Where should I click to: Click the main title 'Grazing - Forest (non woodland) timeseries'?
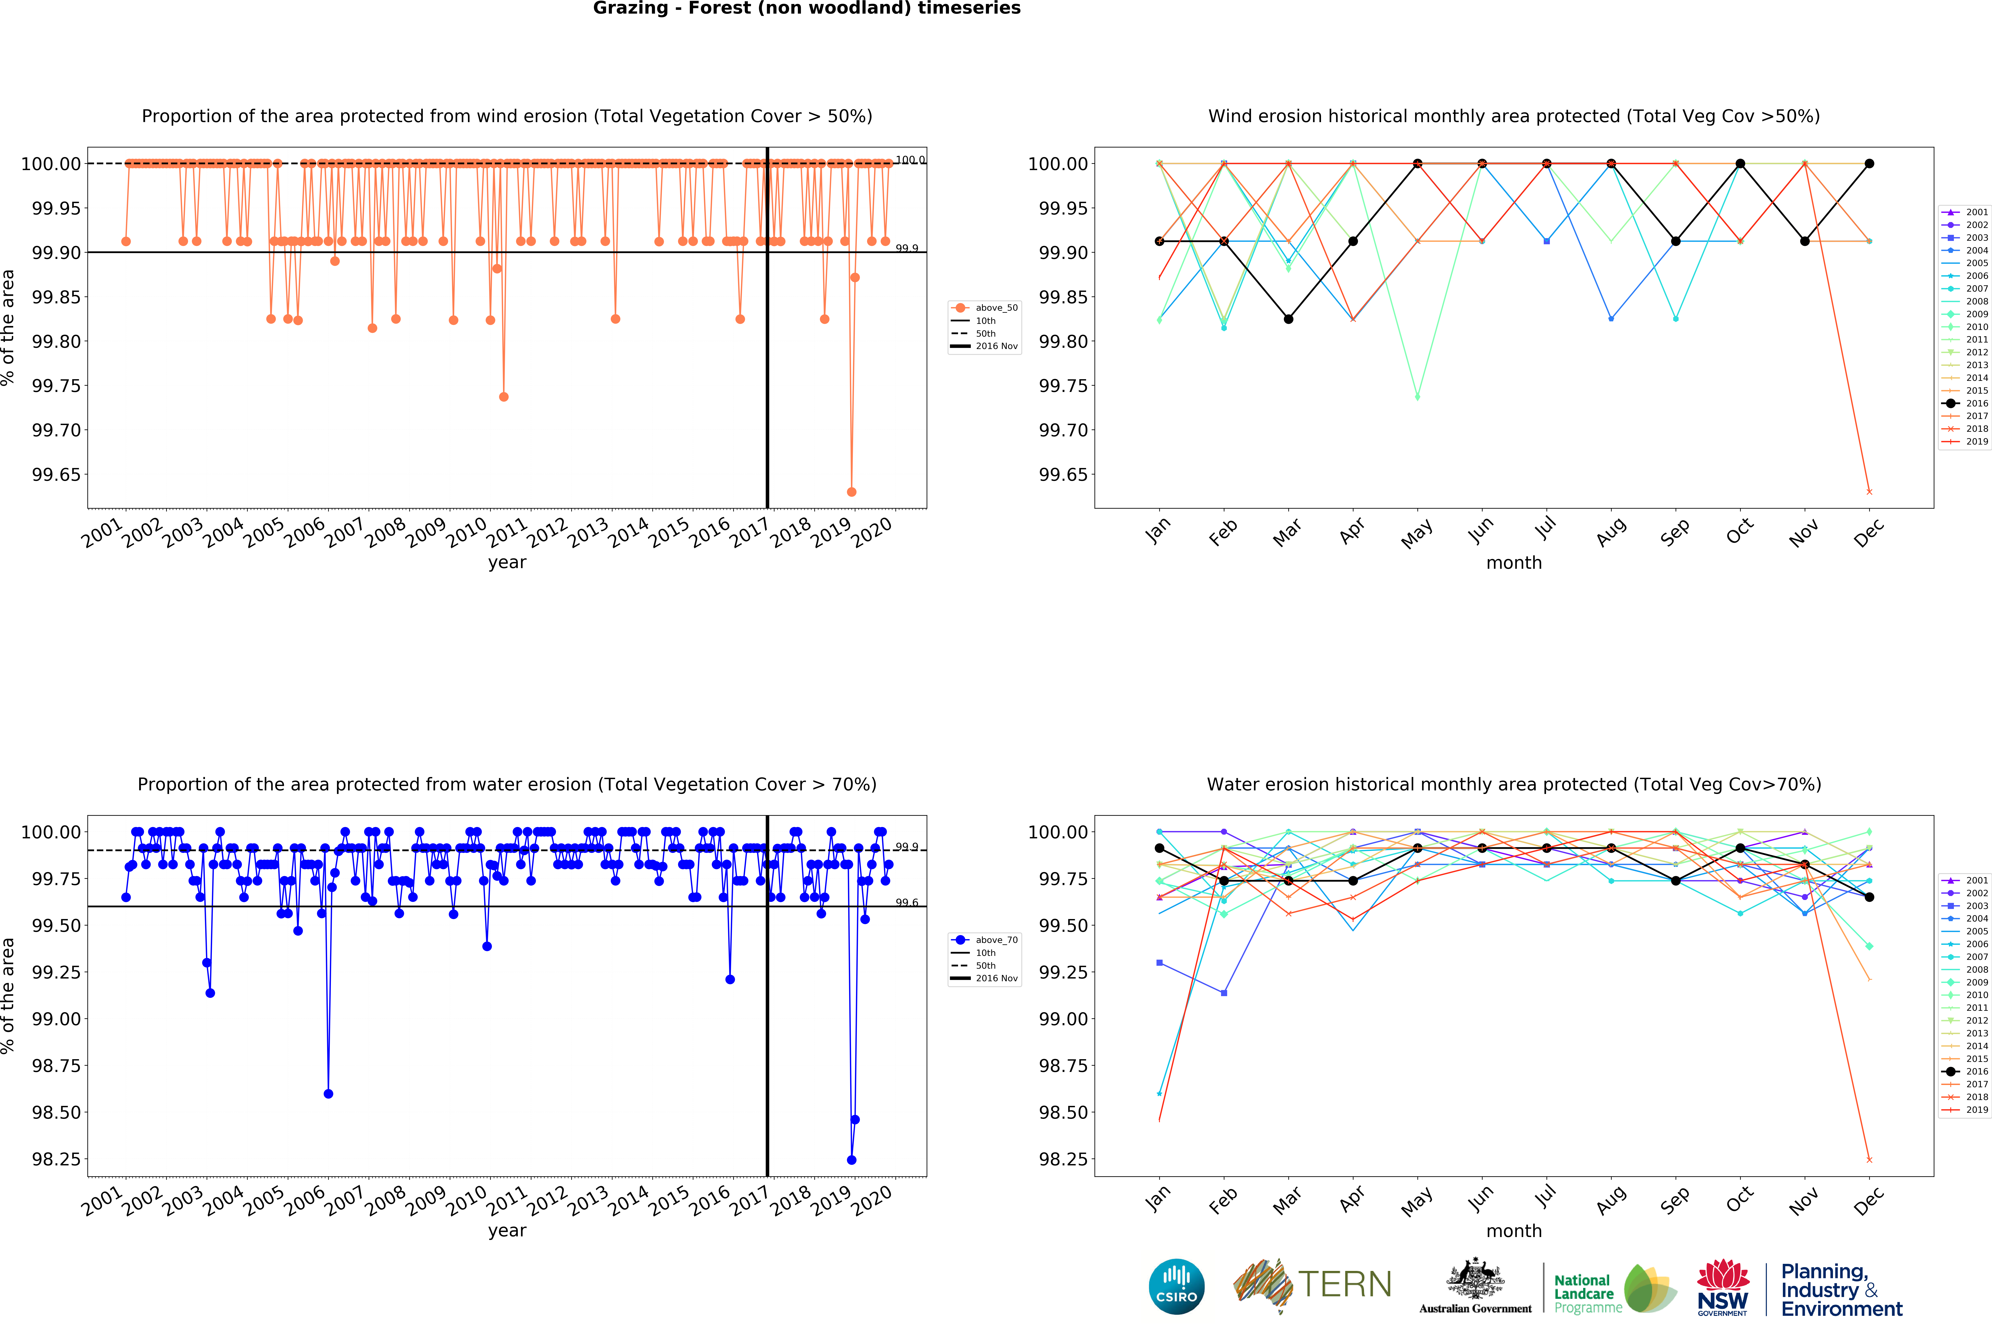coord(807,9)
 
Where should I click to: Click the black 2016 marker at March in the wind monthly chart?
coord(1288,319)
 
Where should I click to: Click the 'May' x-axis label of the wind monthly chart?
coord(1417,533)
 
